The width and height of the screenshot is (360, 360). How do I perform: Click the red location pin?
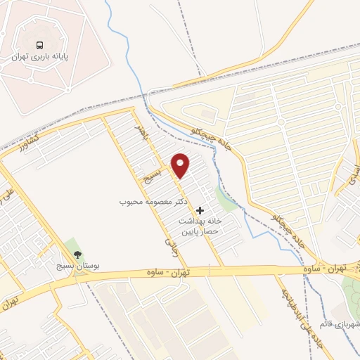[x=181, y=165]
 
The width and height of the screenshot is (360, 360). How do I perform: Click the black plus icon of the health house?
[x=200, y=210]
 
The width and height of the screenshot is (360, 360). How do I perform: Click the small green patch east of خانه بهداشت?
[x=225, y=200]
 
